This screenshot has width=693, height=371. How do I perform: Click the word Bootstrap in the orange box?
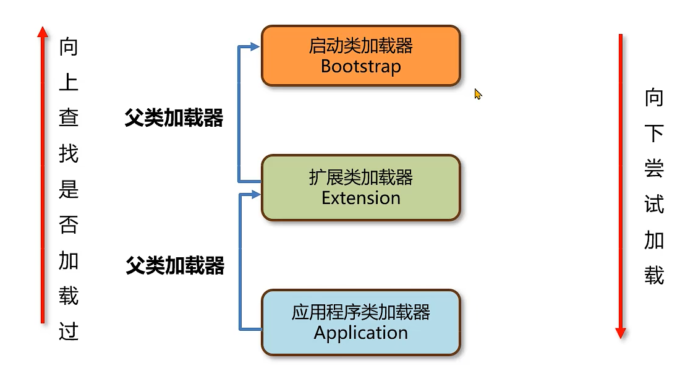(x=360, y=66)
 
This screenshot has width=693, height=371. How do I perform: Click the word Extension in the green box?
(x=360, y=198)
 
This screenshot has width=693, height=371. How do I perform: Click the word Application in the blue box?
(x=360, y=333)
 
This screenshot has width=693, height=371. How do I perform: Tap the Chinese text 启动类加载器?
(x=360, y=46)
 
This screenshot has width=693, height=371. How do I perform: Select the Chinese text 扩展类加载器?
(x=360, y=178)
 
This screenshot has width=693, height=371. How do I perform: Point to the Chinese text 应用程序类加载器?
(x=360, y=312)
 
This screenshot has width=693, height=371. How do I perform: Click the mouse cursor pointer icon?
(x=477, y=93)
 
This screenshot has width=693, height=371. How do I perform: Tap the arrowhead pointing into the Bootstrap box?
(x=254, y=46)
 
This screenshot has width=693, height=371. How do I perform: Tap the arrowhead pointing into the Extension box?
(x=254, y=195)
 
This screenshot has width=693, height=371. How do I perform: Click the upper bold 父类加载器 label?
(x=174, y=118)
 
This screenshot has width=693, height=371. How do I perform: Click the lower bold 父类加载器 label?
(x=175, y=266)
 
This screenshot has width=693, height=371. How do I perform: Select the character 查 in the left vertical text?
(x=69, y=117)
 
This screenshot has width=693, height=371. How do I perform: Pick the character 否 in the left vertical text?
(x=69, y=224)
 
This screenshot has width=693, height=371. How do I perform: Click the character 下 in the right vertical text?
(x=654, y=133)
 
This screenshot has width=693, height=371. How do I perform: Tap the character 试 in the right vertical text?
(x=654, y=204)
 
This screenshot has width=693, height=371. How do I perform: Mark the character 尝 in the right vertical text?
(x=654, y=168)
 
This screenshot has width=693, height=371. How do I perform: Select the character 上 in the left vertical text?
(x=69, y=82)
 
